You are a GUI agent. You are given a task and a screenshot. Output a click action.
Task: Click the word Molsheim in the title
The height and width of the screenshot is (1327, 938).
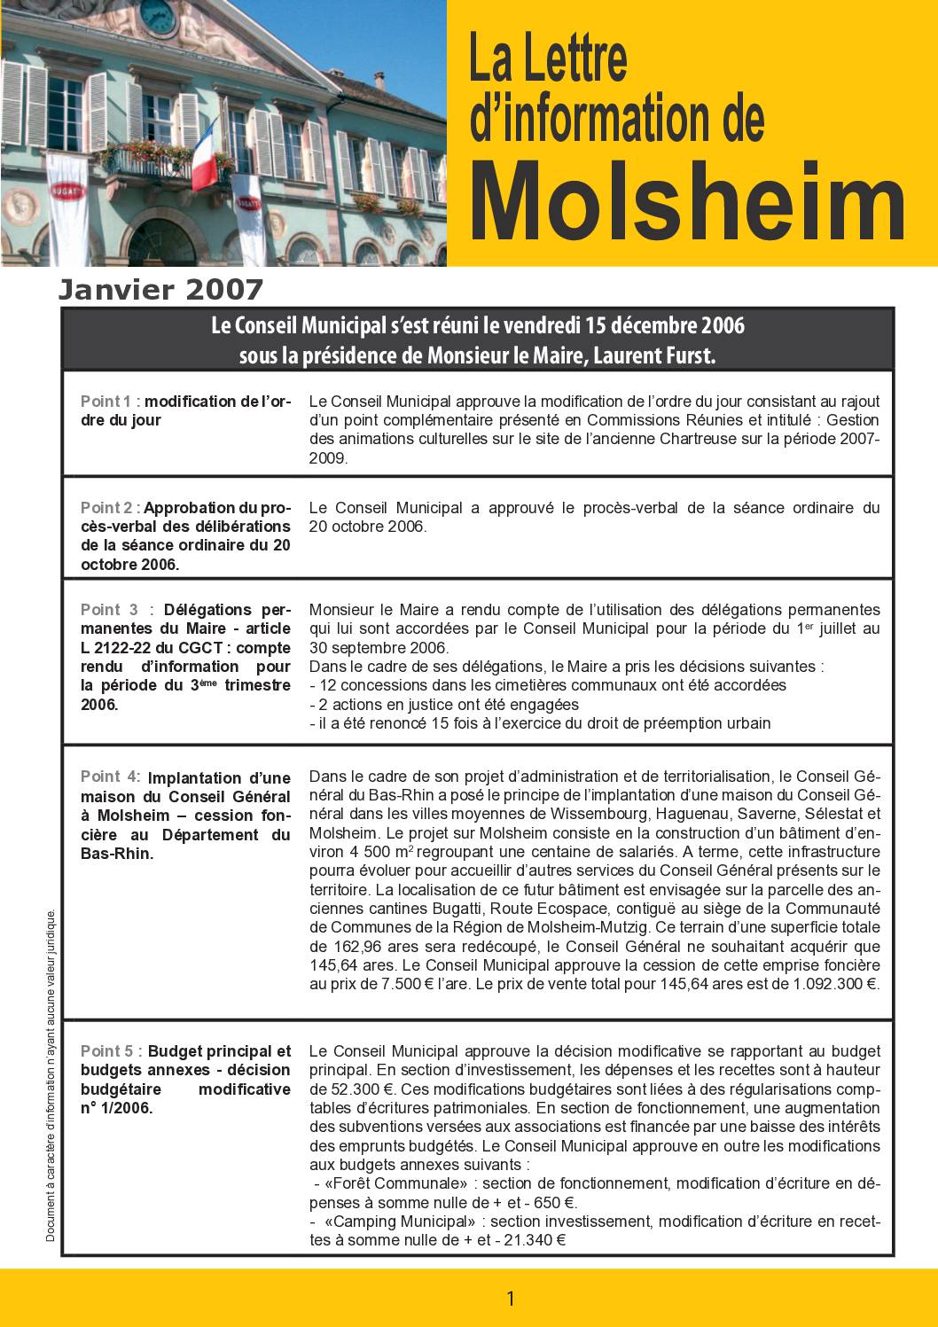pos(687,203)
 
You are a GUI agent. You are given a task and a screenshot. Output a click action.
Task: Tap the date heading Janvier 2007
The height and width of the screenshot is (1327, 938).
pos(161,290)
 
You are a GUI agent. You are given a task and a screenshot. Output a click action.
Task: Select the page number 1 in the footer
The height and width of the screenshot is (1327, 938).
pos(510,1300)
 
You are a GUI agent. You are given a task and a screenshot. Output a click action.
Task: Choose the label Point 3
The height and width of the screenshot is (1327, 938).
pos(109,610)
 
